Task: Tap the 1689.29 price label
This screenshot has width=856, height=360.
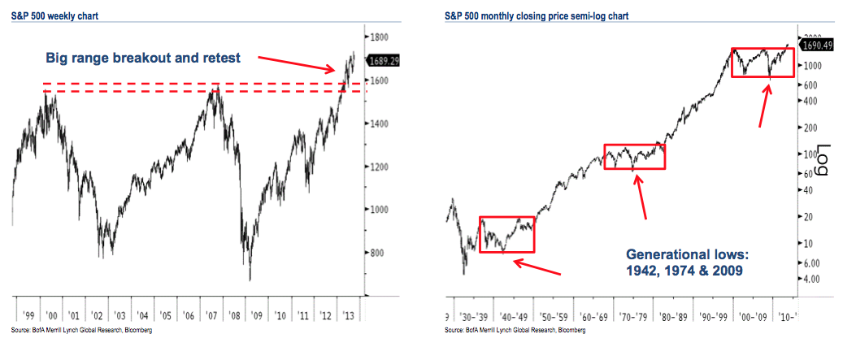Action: [x=387, y=60]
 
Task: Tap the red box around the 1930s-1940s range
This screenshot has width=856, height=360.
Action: [x=507, y=234]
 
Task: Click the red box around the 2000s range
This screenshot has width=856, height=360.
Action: [x=763, y=63]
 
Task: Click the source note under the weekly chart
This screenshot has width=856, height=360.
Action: [x=80, y=331]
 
